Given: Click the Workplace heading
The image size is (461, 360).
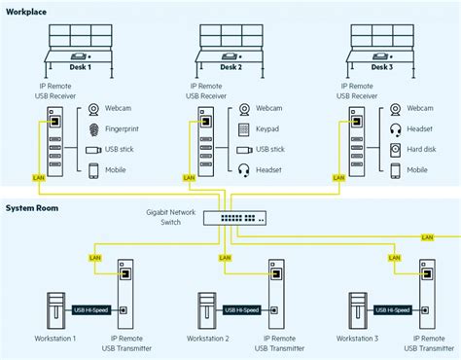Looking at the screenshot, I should click(27, 9).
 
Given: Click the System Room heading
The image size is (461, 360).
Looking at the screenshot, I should click(34, 207).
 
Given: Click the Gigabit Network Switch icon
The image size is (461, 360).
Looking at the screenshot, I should click(230, 217).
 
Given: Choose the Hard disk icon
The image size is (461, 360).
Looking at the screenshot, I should click(395, 150).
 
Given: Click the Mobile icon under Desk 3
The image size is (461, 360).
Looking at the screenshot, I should click(395, 170).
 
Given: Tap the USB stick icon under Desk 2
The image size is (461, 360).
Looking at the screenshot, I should click(243, 150).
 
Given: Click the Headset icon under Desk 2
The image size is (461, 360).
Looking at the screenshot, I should click(243, 170).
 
